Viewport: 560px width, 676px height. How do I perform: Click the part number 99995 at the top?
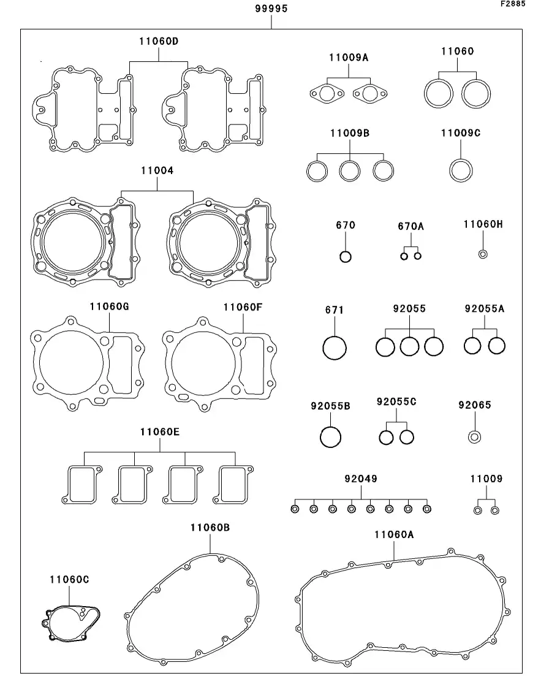(x=271, y=9)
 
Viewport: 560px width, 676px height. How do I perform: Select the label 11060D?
(x=158, y=41)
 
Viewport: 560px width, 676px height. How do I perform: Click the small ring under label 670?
(x=346, y=256)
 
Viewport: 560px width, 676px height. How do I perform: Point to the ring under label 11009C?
(x=461, y=170)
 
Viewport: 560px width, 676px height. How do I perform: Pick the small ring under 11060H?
(x=483, y=254)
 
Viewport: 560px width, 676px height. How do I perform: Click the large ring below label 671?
(x=335, y=348)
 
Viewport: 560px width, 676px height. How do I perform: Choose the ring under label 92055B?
(x=331, y=437)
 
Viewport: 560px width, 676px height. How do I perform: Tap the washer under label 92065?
(x=474, y=437)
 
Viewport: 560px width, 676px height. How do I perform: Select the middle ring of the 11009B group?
(x=350, y=170)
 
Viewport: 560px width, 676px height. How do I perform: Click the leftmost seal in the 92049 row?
(x=295, y=509)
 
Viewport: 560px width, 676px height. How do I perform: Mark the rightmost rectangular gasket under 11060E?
(x=235, y=484)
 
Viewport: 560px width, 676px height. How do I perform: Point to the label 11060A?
(x=394, y=534)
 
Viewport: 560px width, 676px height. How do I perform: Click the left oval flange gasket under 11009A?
(x=325, y=94)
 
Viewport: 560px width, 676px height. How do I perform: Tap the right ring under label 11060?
(x=477, y=93)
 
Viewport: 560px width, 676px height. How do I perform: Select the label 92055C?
(x=396, y=402)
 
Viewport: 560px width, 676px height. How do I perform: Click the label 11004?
(x=157, y=171)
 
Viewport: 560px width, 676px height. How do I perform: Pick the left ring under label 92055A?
(x=473, y=346)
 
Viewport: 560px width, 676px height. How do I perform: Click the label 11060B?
(x=210, y=527)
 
